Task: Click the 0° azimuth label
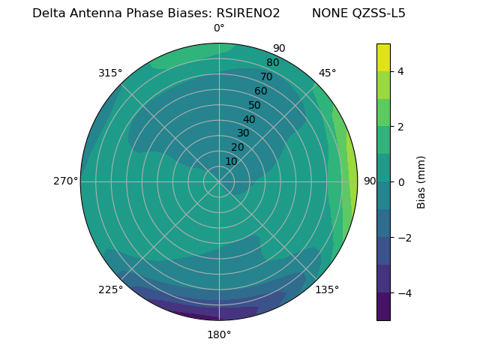(219, 28)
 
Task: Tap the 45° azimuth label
(327, 73)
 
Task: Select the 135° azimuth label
(327, 289)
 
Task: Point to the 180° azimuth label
(219, 334)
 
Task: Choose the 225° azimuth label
(110, 289)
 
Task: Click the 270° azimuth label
(65, 181)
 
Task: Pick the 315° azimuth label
(110, 73)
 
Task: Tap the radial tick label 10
(231, 161)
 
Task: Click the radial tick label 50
(255, 106)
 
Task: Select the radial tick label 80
(272, 62)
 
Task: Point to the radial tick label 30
(243, 133)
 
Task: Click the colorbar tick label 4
(401, 71)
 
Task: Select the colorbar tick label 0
(401, 182)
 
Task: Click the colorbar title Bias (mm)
(421, 182)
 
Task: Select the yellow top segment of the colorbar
(383, 57)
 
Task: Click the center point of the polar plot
(219, 181)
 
